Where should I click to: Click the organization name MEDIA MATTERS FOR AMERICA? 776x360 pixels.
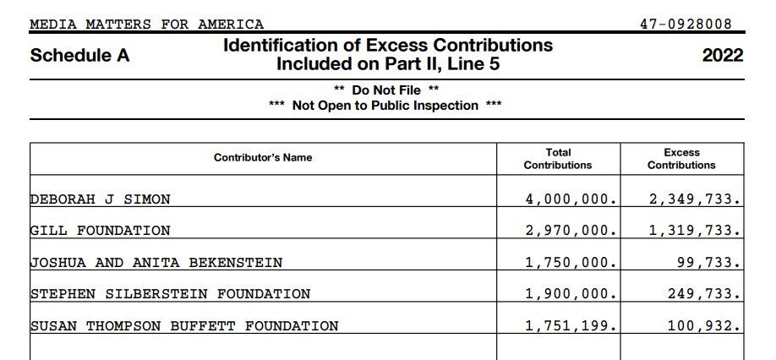(x=146, y=25)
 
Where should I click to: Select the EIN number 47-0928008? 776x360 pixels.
(x=686, y=25)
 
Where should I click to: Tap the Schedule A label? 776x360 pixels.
(x=80, y=56)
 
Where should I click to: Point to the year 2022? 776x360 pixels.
(x=722, y=56)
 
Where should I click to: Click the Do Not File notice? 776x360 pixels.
(x=386, y=90)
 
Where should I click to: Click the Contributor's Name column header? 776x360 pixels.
(x=263, y=158)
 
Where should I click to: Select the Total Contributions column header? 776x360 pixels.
(x=558, y=159)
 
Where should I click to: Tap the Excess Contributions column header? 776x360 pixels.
(x=681, y=159)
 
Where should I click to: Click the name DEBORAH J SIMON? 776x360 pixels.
(x=101, y=199)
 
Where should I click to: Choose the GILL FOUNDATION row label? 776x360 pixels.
(x=101, y=231)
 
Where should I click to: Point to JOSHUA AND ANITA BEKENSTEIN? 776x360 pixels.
(x=156, y=263)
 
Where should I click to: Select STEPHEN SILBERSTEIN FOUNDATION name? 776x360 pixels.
(x=171, y=294)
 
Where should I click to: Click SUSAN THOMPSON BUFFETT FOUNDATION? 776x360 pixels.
(x=184, y=325)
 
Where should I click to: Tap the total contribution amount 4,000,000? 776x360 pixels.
(x=571, y=199)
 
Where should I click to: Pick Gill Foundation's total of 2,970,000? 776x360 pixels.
(x=571, y=231)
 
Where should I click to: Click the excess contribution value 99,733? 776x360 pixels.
(x=708, y=263)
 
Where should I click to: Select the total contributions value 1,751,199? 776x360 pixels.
(x=571, y=325)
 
